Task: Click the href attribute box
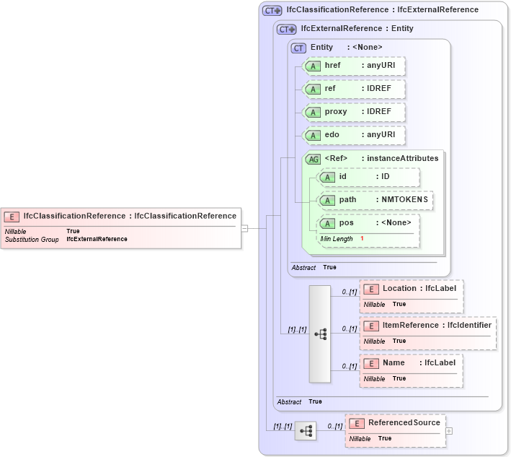354,66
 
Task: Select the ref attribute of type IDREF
354,89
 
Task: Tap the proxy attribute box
354,112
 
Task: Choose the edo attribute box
354,135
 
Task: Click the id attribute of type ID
368,177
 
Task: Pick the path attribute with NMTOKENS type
375,200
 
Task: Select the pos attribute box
368,223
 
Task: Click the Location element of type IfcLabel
411,289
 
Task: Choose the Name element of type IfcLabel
411,363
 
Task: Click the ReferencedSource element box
395,423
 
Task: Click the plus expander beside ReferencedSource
449,431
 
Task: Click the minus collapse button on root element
244,228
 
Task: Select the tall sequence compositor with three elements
320,334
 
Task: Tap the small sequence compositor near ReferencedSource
306,431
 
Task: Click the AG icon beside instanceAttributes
314,159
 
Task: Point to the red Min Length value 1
362,238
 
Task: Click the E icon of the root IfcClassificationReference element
12,216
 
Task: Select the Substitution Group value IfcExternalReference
97,239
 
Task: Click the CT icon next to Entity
298,48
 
